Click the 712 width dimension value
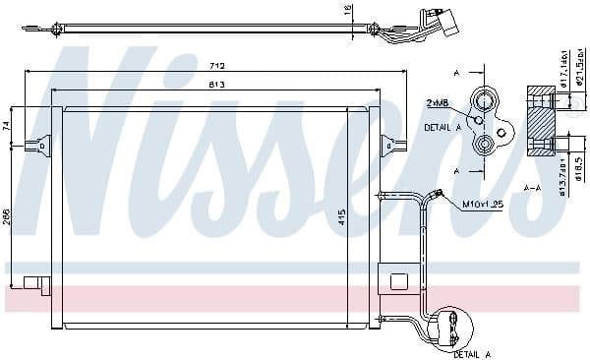[x=217, y=66]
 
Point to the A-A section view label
[x=534, y=187]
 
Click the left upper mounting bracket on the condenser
[x=40, y=145]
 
